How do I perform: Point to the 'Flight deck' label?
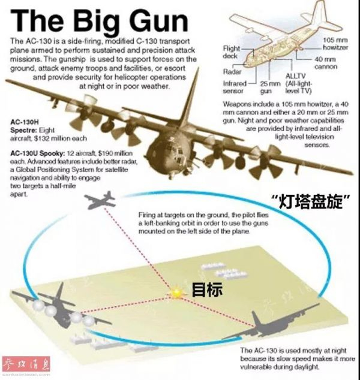pos(232,52)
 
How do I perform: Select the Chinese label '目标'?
pos(207,290)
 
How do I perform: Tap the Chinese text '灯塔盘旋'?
pos(310,203)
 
